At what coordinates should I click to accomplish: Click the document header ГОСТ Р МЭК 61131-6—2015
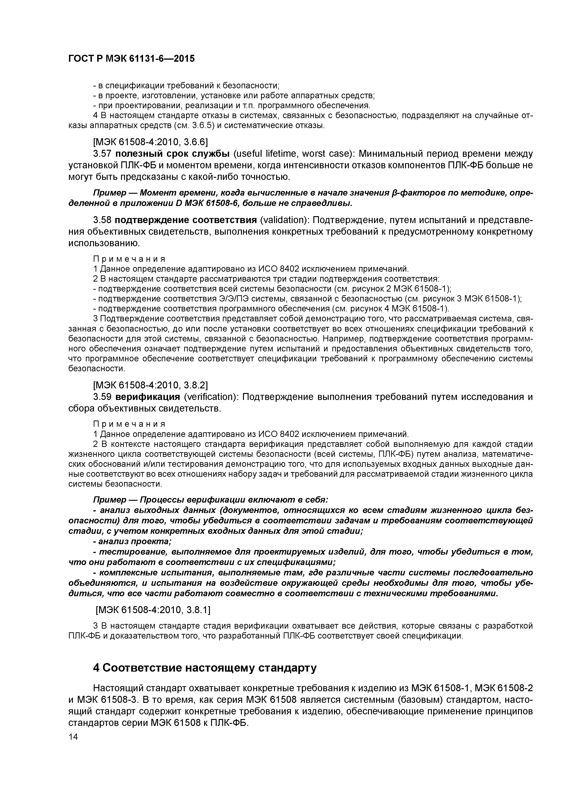tap(131, 59)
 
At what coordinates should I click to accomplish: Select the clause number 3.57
tap(103, 154)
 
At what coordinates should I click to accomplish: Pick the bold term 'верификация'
tap(148, 397)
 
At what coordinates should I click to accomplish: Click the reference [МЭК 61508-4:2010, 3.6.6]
tap(150, 142)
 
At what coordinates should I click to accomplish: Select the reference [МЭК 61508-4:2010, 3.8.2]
tap(150, 385)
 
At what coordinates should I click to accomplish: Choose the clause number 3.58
tap(103, 220)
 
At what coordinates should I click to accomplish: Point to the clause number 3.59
tap(103, 397)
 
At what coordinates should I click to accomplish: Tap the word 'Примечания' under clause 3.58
tap(129, 259)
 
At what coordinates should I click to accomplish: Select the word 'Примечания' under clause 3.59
tap(129, 424)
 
